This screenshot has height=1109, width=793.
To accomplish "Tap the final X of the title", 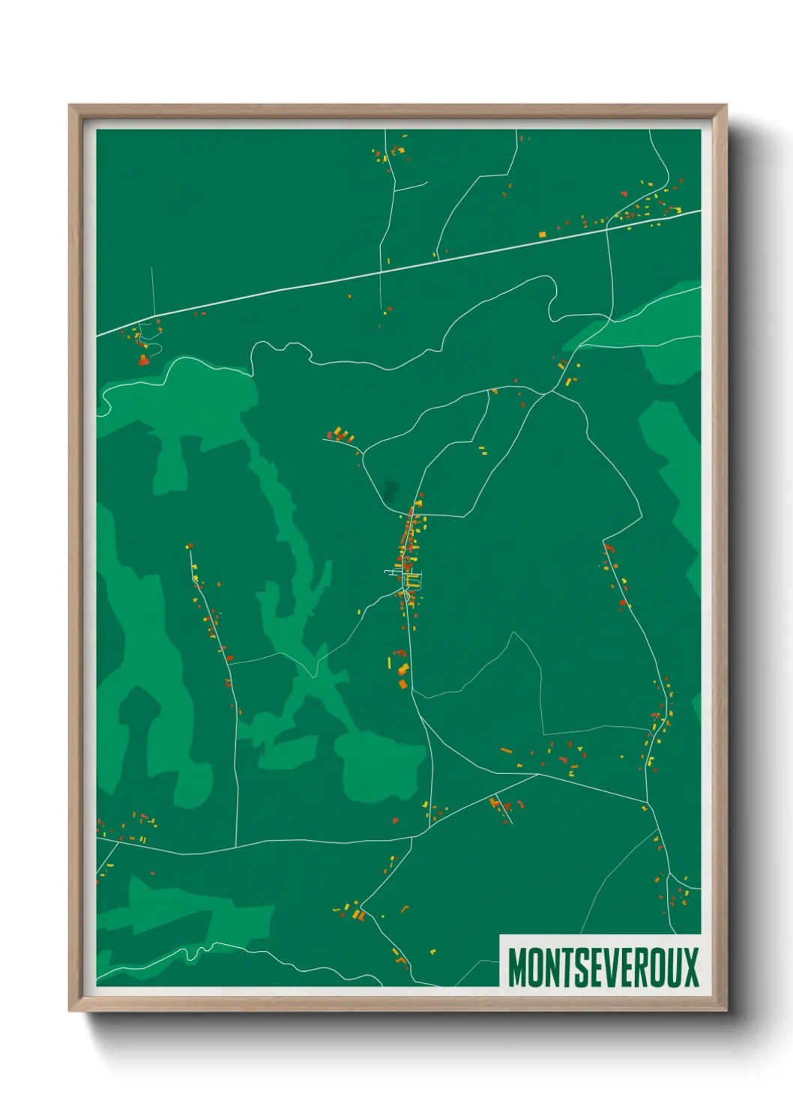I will click(x=690, y=967).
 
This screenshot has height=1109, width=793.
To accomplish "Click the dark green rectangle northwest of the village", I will click(x=390, y=491).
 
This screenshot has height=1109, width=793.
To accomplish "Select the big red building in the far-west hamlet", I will click(x=143, y=360).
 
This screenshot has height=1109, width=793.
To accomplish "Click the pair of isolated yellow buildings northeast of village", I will click(x=483, y=450).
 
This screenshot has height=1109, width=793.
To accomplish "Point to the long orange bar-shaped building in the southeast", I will click(x=506, y=750).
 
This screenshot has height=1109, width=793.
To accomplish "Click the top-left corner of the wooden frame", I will click(x=70, y=106).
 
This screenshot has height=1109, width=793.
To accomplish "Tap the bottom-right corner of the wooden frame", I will click(x=726, y=1010).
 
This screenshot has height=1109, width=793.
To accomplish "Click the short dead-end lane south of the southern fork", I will click(x=504, y=809).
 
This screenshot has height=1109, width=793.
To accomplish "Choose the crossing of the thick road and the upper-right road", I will click(x=609, y=228).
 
